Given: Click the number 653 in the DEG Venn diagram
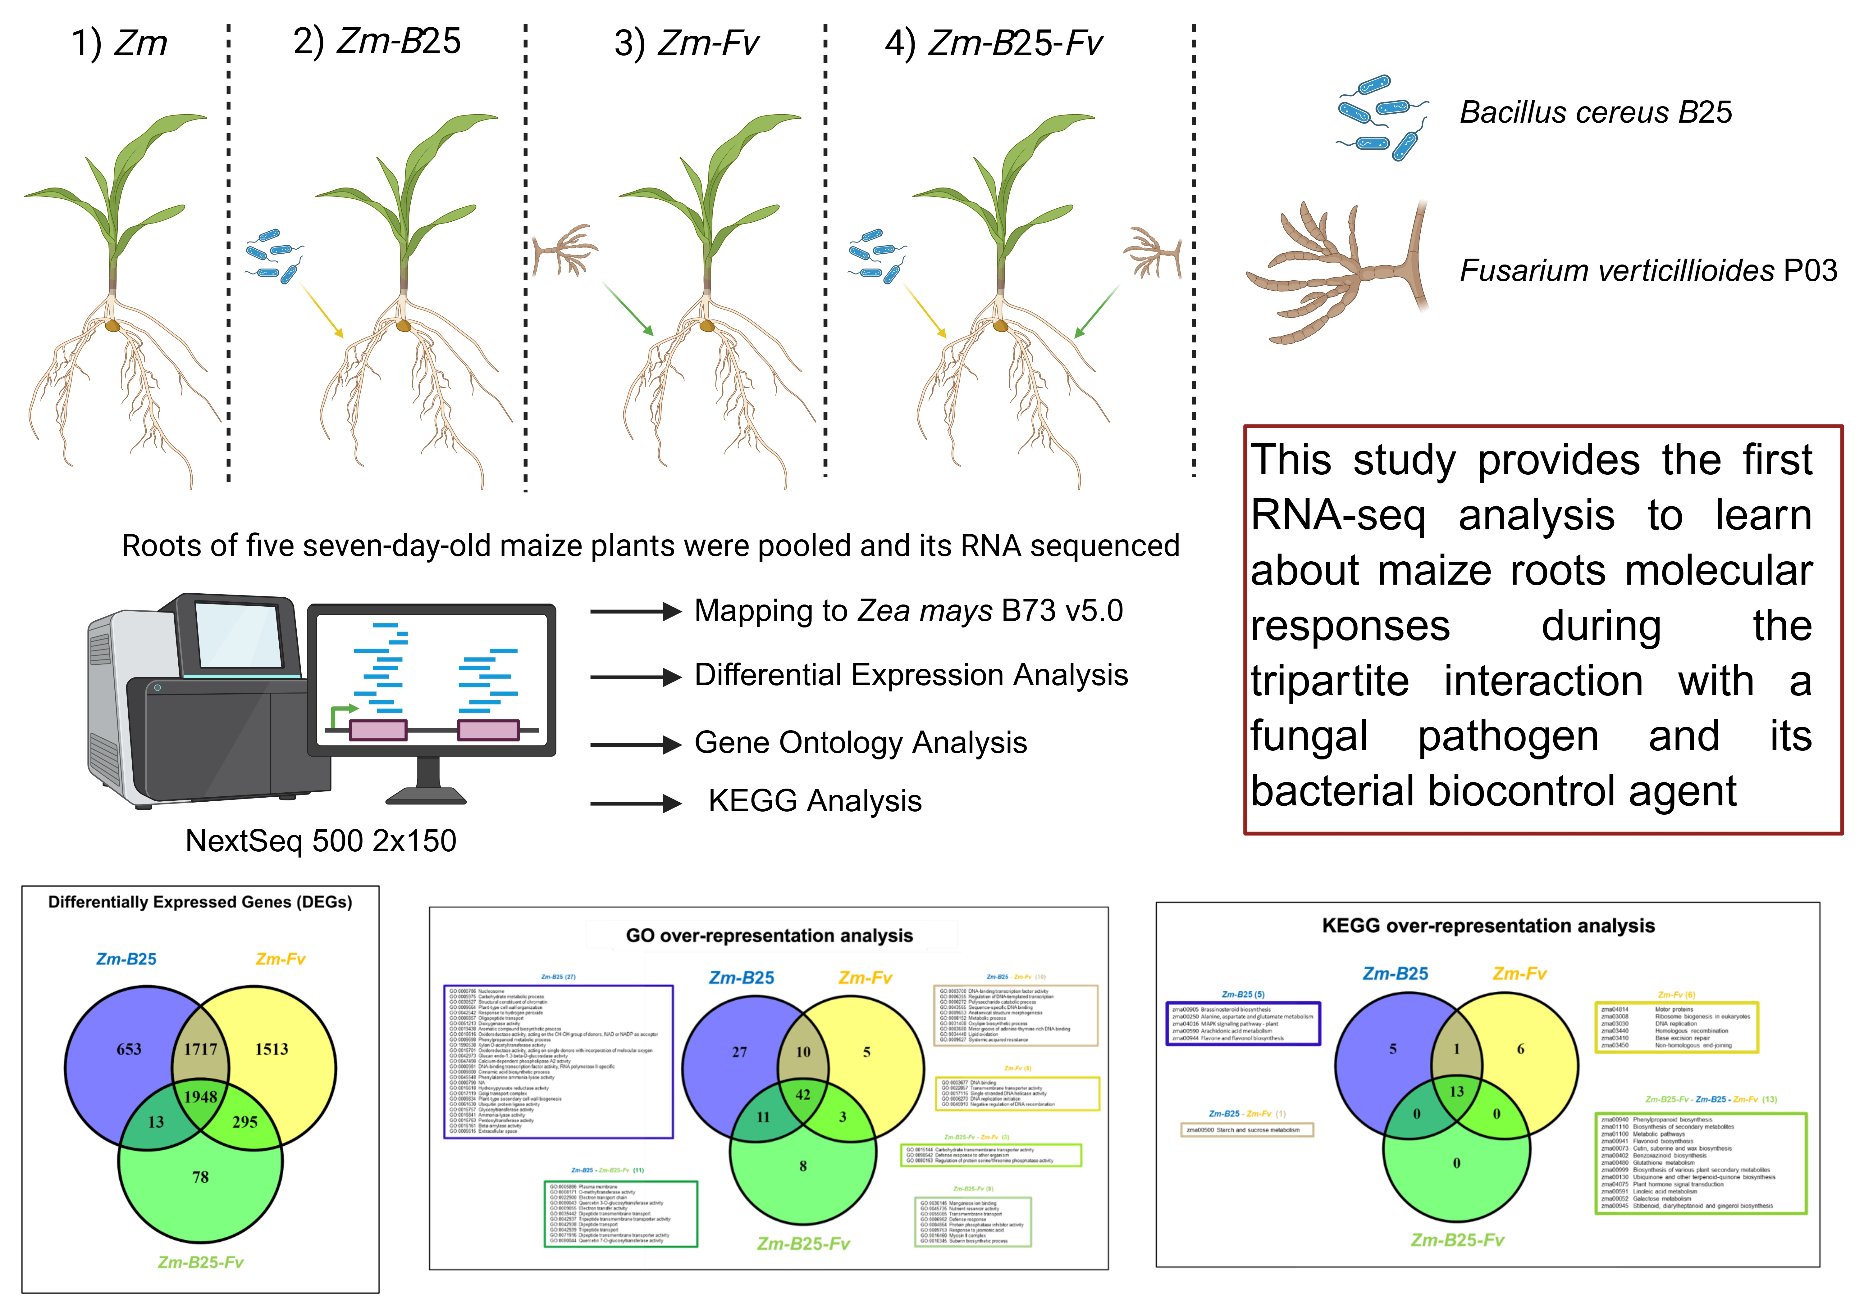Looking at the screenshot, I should pyautogui.click(x=129, y=1049).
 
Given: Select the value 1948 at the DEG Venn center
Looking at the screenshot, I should pyautogui.click(x=200, y=1097).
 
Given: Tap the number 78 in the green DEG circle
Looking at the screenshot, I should pyautogui.click(x=200, y=1177).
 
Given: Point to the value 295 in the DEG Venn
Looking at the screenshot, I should pyautogui.click(x=244, y=1122).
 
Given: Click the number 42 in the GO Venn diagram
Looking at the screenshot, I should pyautogui.click(x=803, y=1095).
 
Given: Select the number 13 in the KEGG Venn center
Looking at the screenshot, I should pyautogui.click(x=1456, y=1091).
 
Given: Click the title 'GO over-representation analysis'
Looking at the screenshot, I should pyautogui.click(x=769, y=935).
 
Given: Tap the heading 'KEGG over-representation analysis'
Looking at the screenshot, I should pyautogui.click(x=1488, y=926).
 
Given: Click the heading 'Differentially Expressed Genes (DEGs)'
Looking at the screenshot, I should pyautogui.click(x=200, y=902).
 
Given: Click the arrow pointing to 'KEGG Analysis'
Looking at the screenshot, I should pyautogui.click(x=636, y=803).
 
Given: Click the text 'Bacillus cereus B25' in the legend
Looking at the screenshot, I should pyautogui.click(x=1595, y=112).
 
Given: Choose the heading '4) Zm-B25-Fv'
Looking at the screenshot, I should pyautogui.click(x=994, y=43).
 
